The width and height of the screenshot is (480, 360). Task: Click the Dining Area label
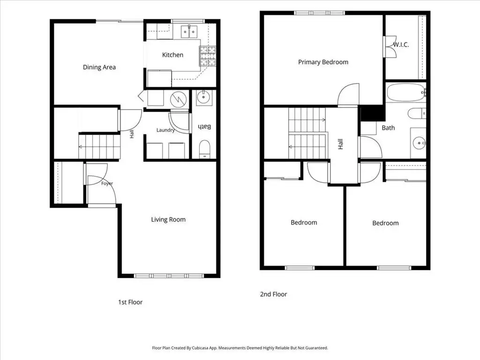point(99,67)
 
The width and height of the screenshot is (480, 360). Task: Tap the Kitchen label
point(172,55)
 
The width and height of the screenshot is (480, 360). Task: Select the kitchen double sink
point(189,31)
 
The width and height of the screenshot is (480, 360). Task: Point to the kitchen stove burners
point(208,56)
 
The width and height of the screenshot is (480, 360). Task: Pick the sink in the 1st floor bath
point(203,97)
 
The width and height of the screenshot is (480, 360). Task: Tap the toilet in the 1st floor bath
point(204,149)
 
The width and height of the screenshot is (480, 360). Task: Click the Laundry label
point(165,130)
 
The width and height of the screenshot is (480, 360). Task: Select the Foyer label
point(107,183)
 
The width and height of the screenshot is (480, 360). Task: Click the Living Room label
point(168,219)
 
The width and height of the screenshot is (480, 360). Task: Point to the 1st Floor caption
point(130,302)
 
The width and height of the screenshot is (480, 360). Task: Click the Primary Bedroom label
point(323,62)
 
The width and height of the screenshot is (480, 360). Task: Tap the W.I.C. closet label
point(401,45)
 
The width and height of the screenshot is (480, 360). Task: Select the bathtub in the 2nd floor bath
point(406,92)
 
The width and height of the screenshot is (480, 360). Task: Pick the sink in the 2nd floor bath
point(419,143)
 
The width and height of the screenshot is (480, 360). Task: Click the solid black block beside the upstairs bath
point(373,113)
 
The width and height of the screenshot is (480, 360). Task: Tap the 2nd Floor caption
point(274,294)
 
